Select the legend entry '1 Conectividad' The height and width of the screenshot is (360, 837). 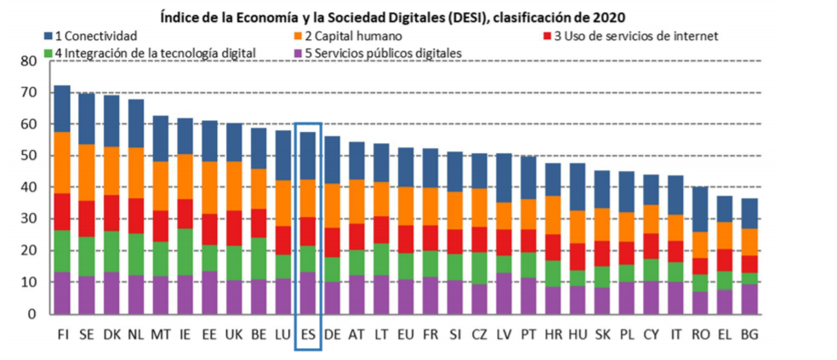(x=95, y=36)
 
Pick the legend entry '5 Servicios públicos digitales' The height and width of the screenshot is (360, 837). (x=382, y=53)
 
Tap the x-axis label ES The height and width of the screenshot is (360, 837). (x=308, y=334)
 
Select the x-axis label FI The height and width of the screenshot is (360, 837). (x=62, y=334)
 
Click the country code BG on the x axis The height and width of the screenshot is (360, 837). (x=749, y=334)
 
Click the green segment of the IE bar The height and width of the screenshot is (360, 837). (x=185, y=251)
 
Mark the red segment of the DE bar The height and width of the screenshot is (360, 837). (x=332, y=242)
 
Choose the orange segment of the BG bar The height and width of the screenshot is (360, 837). (x=749, y=242)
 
